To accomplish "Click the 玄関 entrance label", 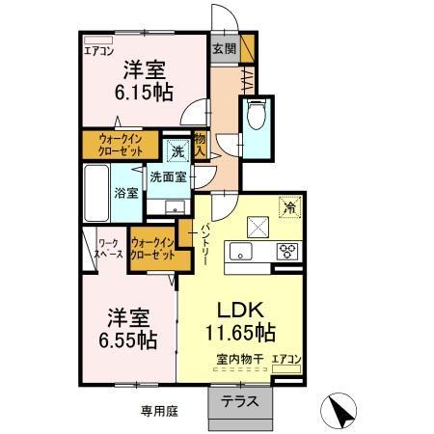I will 224,49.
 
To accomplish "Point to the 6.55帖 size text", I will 131,339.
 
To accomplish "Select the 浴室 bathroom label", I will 126,191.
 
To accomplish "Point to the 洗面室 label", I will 168,176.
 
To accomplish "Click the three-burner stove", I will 288,252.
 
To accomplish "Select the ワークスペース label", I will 108,250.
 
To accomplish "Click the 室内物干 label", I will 238,361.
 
